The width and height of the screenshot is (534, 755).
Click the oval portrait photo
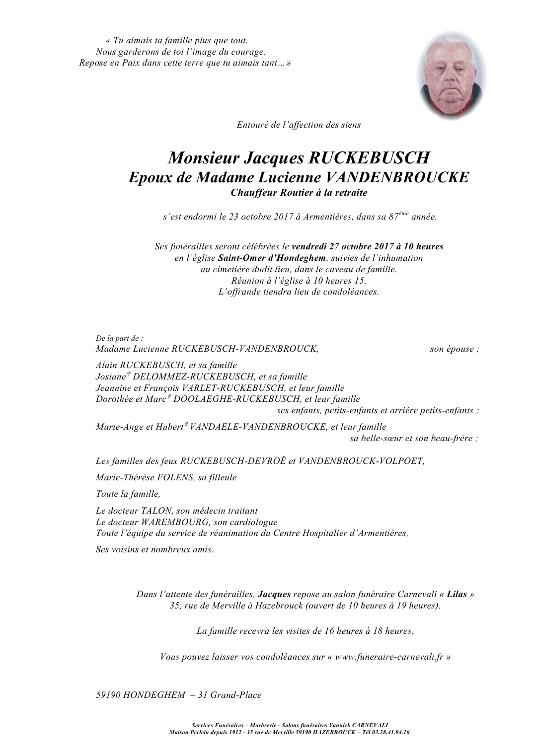tap(452, 75)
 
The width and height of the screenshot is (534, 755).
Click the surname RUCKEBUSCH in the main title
tap(369, 158)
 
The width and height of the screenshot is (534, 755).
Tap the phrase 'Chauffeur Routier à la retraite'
tap(299, 193)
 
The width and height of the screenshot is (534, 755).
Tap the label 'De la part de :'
tap(119, 338)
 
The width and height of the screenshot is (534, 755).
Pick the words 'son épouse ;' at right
tap(454, 349)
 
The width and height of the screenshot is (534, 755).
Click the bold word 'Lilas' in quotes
tap(457, 594)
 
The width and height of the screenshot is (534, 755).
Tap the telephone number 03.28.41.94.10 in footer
tap(393, 732)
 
